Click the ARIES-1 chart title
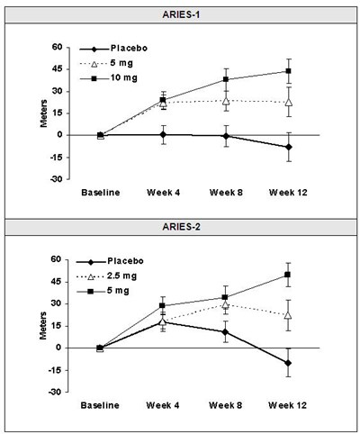pyautogui.click(x=180, y=14)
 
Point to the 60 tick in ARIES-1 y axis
pyautogui.click(x=56, y=47)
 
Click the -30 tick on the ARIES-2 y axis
pyautogui.click(x=53, y=392)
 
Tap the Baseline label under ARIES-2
pyautogui.click(x=99, y=406)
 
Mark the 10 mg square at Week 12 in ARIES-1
pyautogui.click(x=288, y=71)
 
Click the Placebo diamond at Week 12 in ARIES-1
pyautogui.click(x=288, y=147)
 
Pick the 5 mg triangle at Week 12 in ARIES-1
pyautogui.click(x=288, y=102)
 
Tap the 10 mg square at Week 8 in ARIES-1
pyautogui.click(x=226, y=79)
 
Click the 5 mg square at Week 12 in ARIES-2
pyautogui.click(x=288, y=275)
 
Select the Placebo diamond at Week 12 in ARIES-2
pyautogui.click(x=288, y=363)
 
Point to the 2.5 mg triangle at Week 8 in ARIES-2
pyautogui.click(x=226, y=305)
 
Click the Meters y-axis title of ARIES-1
pyautogui.click(x=41, y=113)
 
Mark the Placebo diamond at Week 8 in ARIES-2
pyautogui.click(x=226, y=331)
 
